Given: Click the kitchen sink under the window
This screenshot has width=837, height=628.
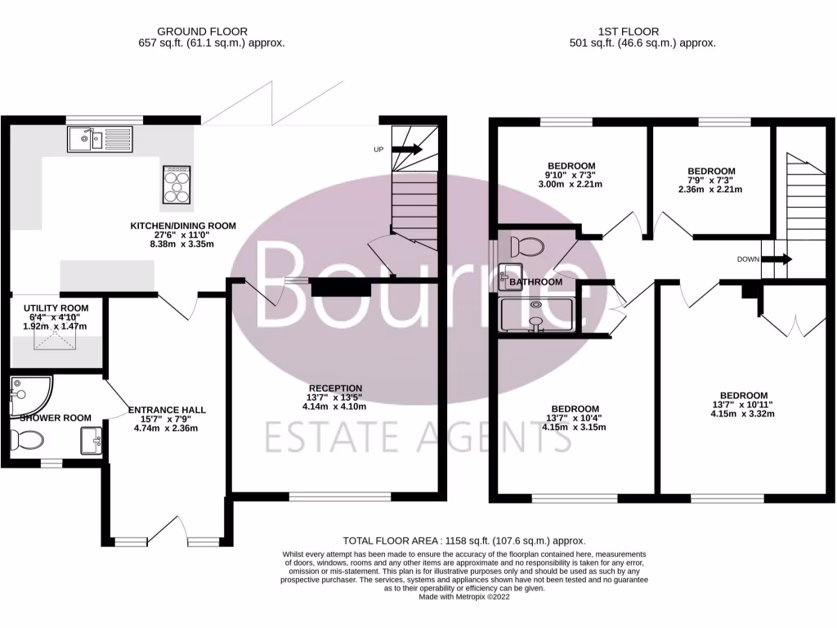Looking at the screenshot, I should click(100, 140).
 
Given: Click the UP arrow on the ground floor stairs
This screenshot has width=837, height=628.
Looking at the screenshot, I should click(406, 150).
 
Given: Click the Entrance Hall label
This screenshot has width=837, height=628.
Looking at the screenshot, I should click(167, 410).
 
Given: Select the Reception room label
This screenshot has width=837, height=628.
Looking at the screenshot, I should click(335, 388).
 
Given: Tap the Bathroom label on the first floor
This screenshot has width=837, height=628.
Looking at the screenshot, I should click(535, 282).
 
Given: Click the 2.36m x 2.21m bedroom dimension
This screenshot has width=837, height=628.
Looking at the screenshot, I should click(709, 190).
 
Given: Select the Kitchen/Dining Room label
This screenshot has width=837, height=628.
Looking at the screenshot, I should click(184, 226).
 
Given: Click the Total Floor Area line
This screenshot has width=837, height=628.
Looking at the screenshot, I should click(463, 541).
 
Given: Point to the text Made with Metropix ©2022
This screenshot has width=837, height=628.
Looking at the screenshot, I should click(463, 597).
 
